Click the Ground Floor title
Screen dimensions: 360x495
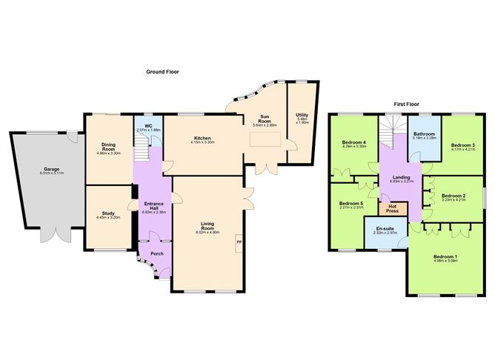coord(163,72)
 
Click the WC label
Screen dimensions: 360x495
coord(148,126)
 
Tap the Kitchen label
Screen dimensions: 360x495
coord(203,138)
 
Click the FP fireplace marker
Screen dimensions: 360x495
coord(239,241)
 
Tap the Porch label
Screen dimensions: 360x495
coord(157,253)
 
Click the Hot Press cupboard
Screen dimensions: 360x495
coord(393,209)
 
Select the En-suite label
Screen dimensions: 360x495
coord(383,230)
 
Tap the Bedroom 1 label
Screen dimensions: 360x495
coord(445,256)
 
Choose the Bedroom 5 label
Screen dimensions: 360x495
coord(350,204)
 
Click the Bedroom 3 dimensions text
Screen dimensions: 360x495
coord(463,149)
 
